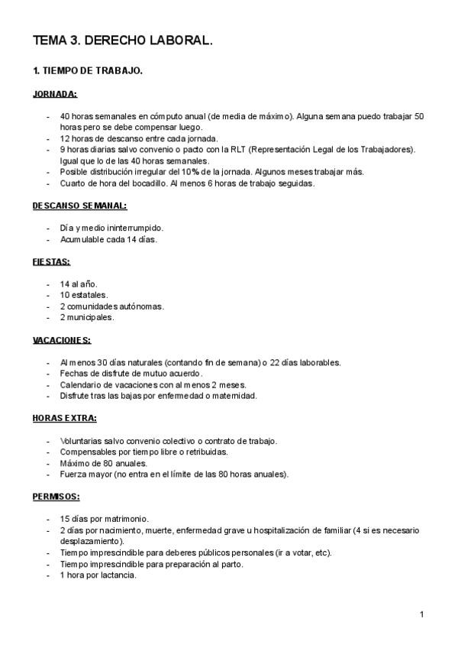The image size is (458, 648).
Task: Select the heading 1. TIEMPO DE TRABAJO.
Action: (87, 71)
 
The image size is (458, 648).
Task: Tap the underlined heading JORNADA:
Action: (54, 94)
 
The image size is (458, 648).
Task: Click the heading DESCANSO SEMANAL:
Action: (79, 206)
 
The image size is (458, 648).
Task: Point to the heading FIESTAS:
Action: (51, 261)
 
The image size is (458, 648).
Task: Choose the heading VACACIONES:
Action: (62, 339)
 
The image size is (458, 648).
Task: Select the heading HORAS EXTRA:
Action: (64, 418)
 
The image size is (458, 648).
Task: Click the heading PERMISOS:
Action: (56, 496)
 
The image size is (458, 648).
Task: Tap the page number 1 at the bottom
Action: (421, 614)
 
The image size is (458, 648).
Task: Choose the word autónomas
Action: (142, 306)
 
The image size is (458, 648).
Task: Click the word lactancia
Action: (118, 575)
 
